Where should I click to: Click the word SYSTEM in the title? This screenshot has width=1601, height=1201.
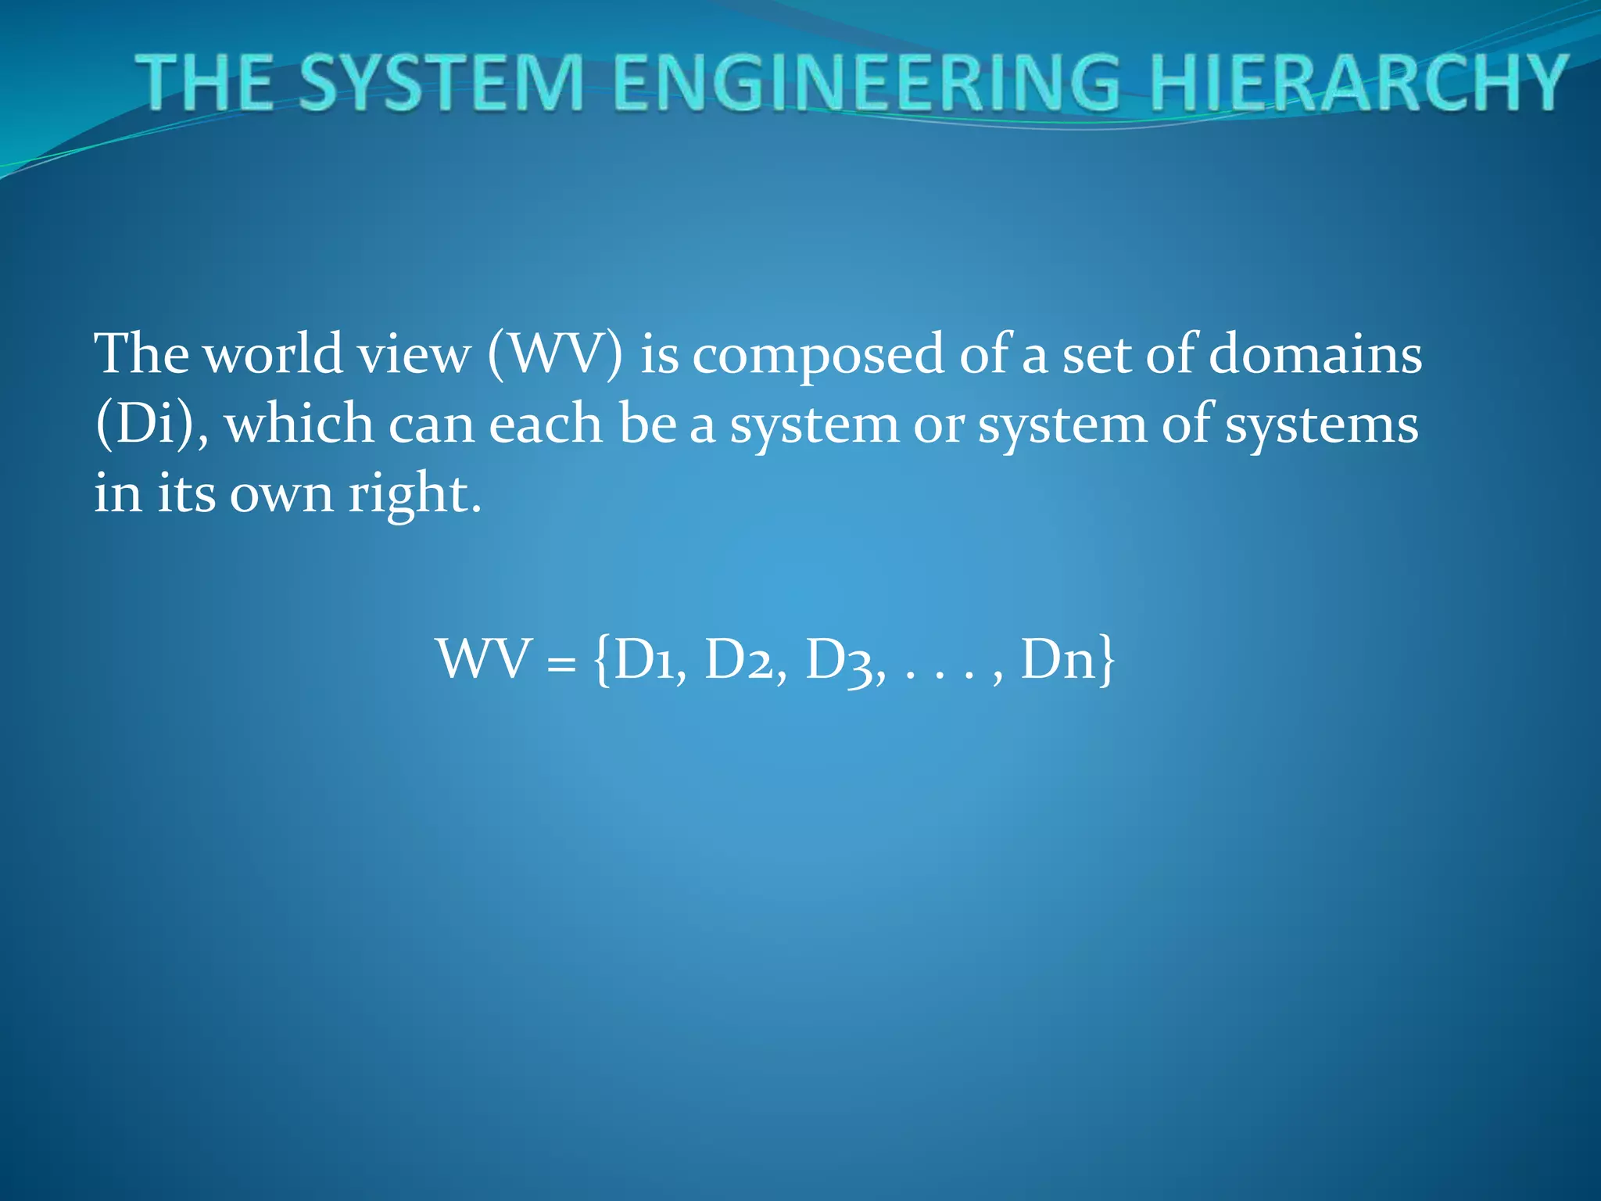pyautogui.click(x=441, y=82)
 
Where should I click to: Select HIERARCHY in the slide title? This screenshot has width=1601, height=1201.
pyautogui.click(x=1358, y=82)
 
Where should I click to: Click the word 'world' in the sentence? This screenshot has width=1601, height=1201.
pyautogui.click(x=273, y=353)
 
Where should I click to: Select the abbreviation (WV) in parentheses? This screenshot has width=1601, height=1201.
pyautogui.click(x=555, y=353)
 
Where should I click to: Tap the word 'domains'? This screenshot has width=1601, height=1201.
pyautogui.click(x=1315, y=353)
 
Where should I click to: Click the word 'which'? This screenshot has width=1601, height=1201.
pyautogui.click(x=299, y=424)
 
